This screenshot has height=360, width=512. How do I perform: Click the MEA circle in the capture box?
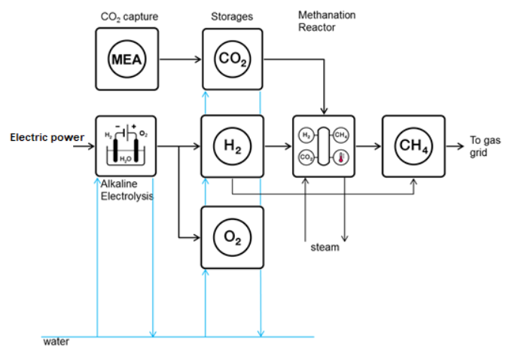(x=126, y=59)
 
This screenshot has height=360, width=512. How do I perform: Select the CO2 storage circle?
(x=232, y=59)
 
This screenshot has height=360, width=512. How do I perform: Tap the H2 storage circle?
(x=232, y=145)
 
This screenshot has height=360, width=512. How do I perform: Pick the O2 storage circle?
(x=232, y=236)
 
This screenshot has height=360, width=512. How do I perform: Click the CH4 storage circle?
(x=413, y=145)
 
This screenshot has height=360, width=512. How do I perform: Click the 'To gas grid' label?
(x=484, y=145)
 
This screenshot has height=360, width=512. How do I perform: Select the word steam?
(x=325, y=247)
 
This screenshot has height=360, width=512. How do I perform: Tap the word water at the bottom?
(x=56, y=342)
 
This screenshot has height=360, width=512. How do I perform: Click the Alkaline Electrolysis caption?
(x=126, y=191)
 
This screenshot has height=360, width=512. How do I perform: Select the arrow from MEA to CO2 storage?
(x=180, y=59)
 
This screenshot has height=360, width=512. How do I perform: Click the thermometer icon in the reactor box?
(x=341, y=158)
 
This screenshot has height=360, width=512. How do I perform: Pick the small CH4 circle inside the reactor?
(x=341, y=136)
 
